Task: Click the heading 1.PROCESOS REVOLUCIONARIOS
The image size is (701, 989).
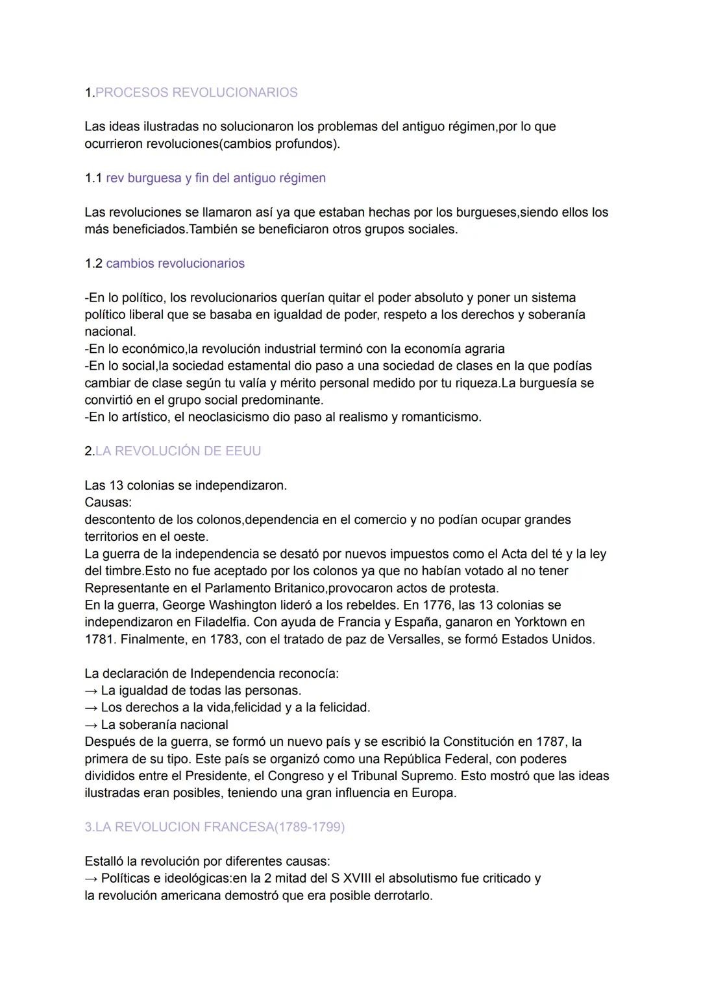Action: tap(191, 93)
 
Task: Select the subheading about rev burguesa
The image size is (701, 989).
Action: tap(205, 178)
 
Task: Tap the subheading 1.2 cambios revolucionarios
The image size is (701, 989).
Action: tap(165, 264)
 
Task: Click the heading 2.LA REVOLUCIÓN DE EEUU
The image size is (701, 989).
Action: tap(173, 451)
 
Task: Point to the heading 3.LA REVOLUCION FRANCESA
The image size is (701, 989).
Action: tap(214, 828)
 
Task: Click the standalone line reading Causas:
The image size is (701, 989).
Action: tap(108, 503)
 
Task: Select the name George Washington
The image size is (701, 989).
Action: tap(217, 605)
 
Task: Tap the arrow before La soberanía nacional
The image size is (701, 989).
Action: tap(91, 725)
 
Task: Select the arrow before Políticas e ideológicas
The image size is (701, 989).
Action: tap(91, 879)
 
